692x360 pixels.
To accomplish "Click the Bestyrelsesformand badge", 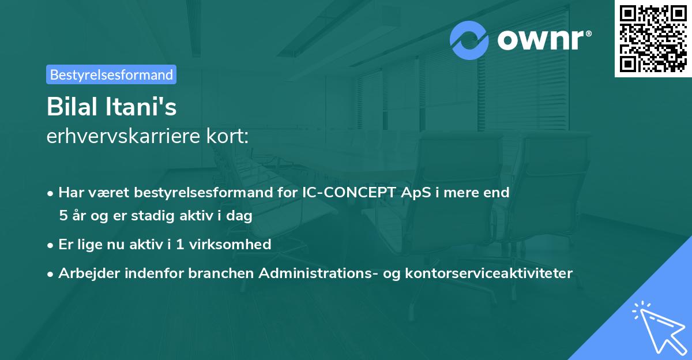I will click(x=111, y=74).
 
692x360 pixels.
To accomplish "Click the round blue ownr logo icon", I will click(x=469, y=40).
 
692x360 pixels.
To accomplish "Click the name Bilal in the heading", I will click(x=69, y=107).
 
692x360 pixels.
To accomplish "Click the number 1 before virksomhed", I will click(x=179, y=244).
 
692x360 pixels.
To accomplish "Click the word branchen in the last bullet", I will click(x=221, y=273).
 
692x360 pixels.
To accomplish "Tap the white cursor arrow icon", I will click(x=657, y=326).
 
